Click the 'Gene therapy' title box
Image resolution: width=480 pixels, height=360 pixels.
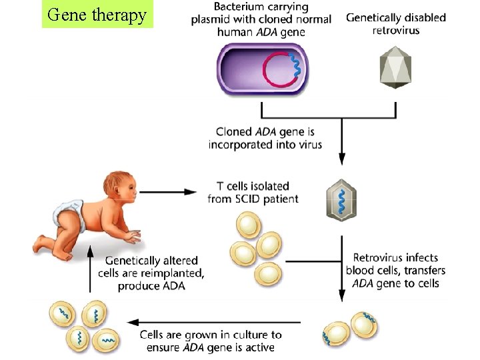click(x=97, y=15)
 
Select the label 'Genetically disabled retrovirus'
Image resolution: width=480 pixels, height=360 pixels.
click(x=396, y=24)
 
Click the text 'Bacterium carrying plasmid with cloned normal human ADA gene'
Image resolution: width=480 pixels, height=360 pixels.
click(x=261, y=19)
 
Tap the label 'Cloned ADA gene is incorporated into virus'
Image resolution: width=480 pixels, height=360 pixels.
click(x=265, y=138)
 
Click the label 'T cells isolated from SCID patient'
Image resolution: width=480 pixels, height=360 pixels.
click(x=253, y=192)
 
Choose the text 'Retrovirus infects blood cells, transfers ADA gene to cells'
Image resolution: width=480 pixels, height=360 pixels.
click(x=395, y=270)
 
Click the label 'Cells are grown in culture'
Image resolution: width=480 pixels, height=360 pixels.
click(x=211, y=341)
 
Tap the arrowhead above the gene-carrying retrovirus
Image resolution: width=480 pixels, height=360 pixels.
click(x=341, y=159)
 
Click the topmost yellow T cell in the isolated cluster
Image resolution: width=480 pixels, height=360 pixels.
click(x=250, y=225)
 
